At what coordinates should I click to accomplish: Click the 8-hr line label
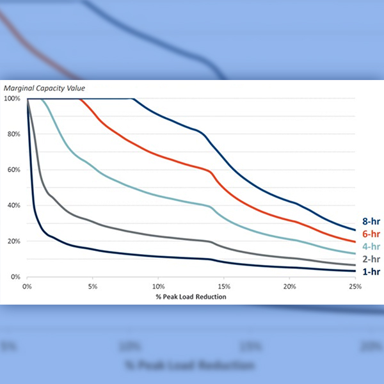point(367,221)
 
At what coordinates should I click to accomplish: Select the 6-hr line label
point(367,235)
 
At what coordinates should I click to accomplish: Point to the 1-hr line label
point(367,273)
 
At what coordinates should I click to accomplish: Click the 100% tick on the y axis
point(12,99)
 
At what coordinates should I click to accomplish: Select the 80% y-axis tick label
point(13,134)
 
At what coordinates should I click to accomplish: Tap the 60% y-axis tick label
point(13,170)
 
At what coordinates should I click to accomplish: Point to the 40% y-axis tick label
point(13,205)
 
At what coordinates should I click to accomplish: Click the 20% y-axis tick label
point(13,241)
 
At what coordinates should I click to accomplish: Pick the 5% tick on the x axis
point(93,285)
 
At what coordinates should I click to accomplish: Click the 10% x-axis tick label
point(159,285)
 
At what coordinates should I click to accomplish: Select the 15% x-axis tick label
point(224,285)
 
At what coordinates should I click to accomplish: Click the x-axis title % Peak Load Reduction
point(190,296)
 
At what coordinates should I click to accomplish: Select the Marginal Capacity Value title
point(44,88)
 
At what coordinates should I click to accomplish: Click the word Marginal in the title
point(19,88)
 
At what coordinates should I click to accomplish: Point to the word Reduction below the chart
point(210,296)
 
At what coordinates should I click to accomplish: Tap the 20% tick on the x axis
point(290,285)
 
